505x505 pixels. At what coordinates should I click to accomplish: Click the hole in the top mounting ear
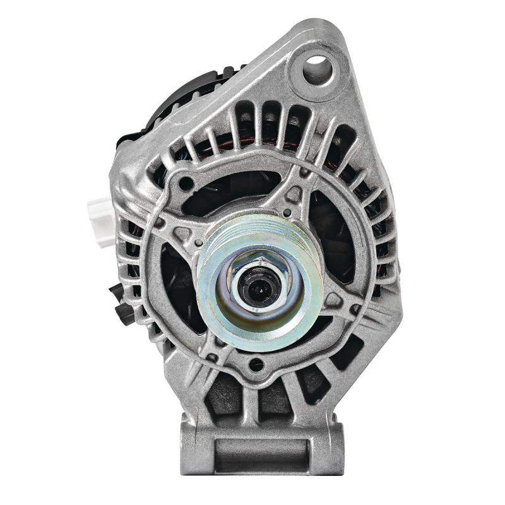(318, 69)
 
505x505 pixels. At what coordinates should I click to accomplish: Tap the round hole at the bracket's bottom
(256, 364)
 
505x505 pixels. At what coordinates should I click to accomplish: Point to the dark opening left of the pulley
(180, 284)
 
